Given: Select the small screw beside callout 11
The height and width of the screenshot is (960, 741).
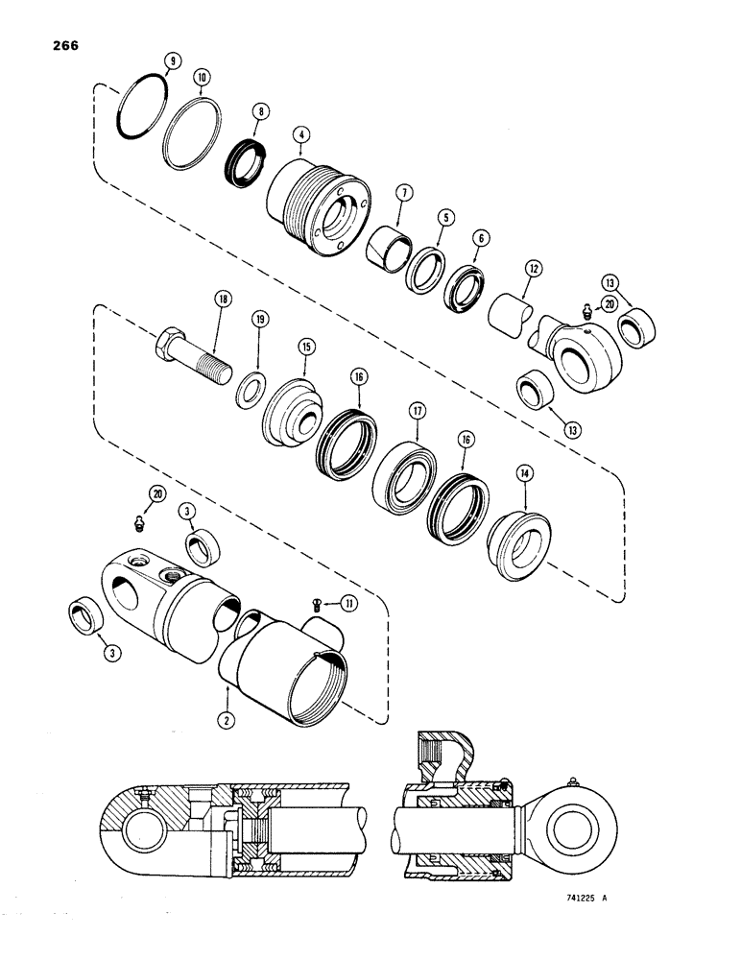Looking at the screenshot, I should pos(319,602).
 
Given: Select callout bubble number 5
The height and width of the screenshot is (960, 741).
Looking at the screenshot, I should pos(444,217).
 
